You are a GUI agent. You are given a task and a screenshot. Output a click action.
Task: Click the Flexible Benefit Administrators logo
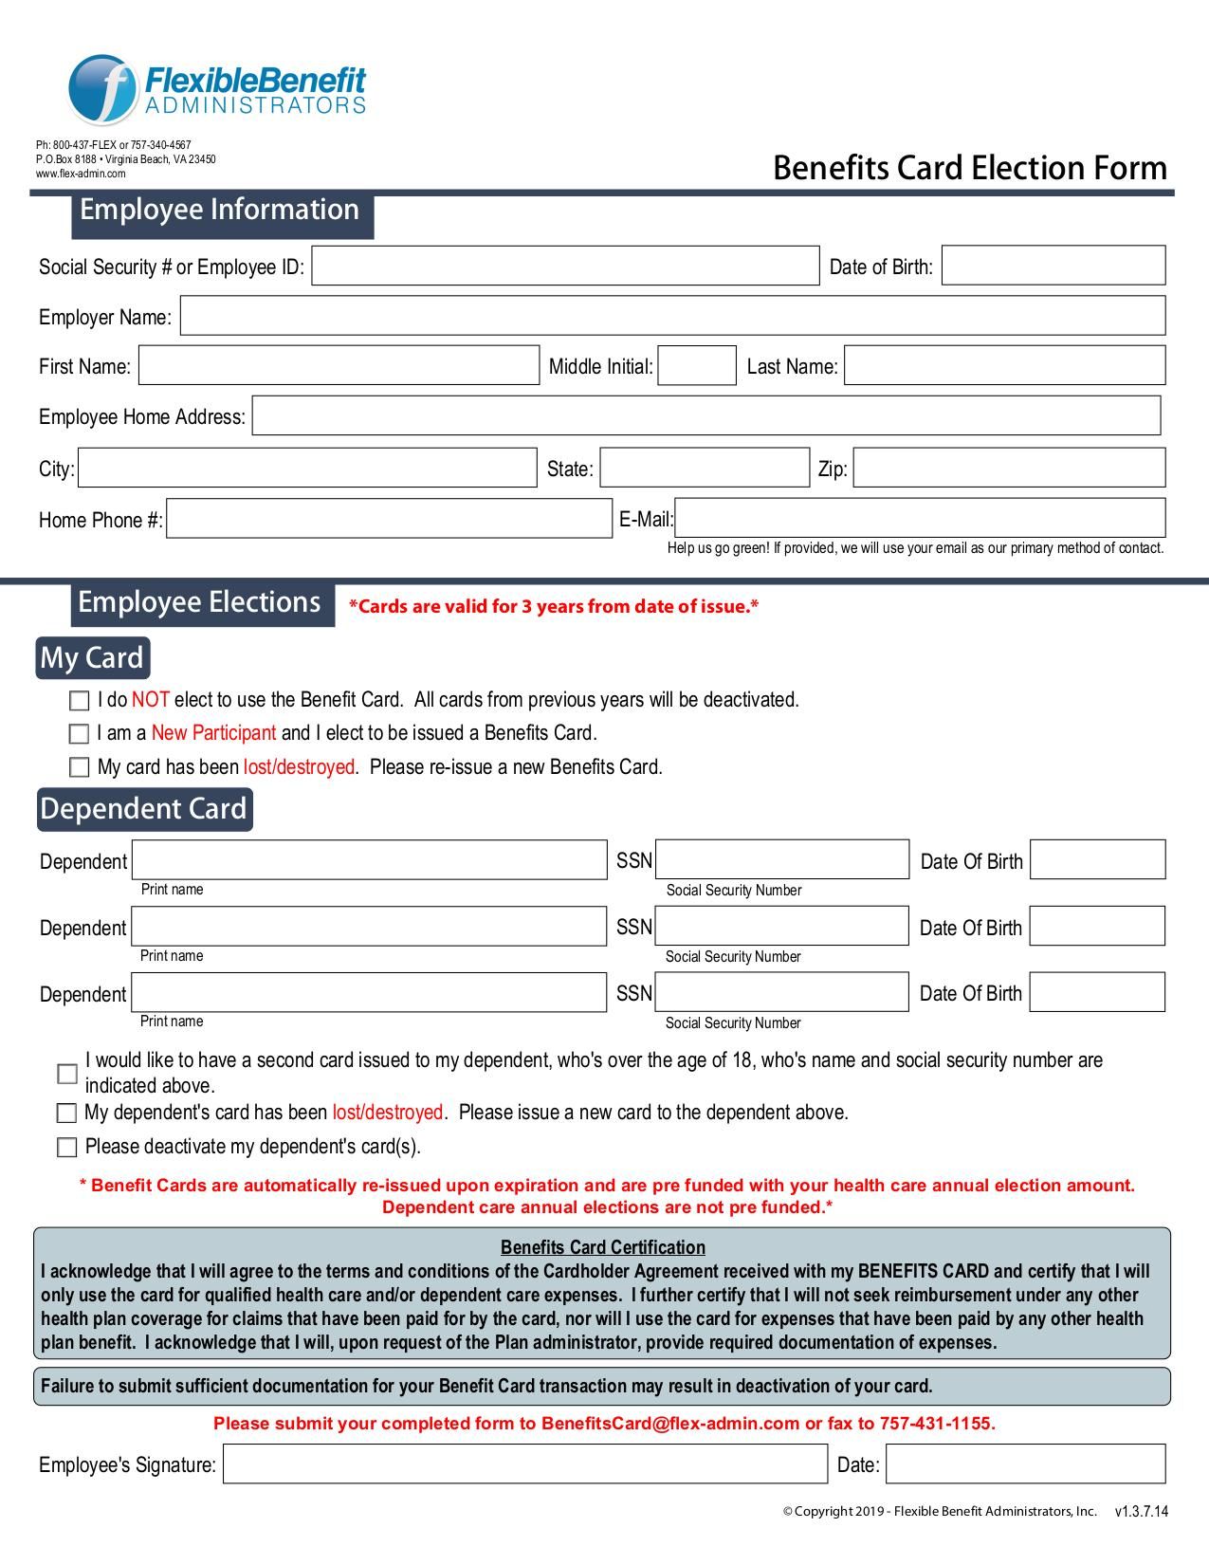click(216, 89)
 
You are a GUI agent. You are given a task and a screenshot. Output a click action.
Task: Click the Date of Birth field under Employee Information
click(1053, 266)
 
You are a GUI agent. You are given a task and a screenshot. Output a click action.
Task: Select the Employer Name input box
click(672, 316)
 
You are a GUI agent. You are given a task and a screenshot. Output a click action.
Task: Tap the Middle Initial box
click(697, 366)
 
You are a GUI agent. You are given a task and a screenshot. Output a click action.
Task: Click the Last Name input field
click(1004, 366)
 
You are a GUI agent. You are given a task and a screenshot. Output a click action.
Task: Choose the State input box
click(705, 468)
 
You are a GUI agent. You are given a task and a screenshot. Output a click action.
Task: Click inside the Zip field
click(1009, 468)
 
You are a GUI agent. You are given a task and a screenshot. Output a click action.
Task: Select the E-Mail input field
click(919, 518)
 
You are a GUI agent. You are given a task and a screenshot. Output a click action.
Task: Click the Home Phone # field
click(389, 519)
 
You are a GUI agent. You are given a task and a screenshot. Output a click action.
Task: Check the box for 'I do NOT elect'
click(79, 701)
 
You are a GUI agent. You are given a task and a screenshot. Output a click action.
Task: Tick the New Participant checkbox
click(79, 734)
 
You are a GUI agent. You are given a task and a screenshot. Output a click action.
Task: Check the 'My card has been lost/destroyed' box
click(79, 767)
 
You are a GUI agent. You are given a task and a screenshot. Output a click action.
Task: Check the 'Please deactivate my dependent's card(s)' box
click(66, 1148)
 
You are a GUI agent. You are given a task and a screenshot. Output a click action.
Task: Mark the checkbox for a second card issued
click(67, 1074)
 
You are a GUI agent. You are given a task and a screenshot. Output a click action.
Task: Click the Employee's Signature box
click(524, 1464)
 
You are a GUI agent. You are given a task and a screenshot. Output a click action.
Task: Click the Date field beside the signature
click(1025, 1464)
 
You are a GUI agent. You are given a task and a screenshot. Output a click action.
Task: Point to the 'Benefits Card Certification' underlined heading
click(603, 1247)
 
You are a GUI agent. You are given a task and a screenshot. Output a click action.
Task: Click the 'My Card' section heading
click(92, 658)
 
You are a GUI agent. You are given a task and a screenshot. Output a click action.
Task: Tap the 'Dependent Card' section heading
click(144, 809)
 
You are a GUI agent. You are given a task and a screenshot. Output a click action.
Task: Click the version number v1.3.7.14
click(1141, 1512)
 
